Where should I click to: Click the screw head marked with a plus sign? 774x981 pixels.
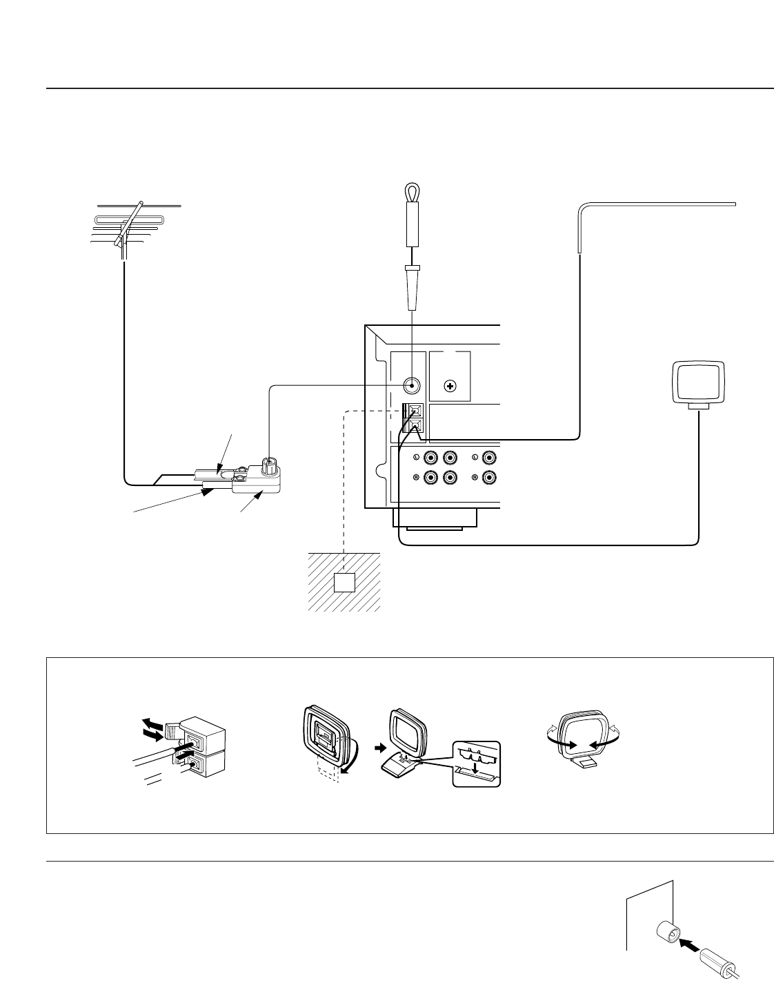tap(450, 386)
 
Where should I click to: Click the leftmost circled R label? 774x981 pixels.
tap(416, 477)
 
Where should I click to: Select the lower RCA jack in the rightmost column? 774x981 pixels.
tap(490, 477)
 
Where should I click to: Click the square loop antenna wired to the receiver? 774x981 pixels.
tap(699, 383)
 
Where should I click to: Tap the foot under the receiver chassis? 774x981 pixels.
tap(435, 518)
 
